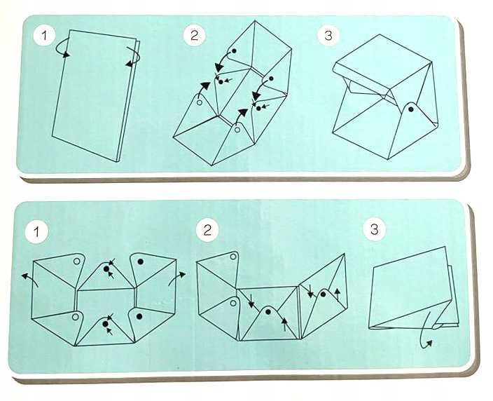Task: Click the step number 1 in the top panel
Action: (x=44, y=35)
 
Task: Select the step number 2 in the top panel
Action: (x=194, y=35)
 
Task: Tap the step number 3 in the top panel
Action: (x=328, y=35)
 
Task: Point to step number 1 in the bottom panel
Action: (x=37, y=231)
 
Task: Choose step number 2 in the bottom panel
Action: (x=207, y=231)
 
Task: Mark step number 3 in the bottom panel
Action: (x=374, y=229)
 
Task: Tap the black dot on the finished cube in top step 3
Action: (x=410, y=109)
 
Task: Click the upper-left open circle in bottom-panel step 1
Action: (x=76, y=261)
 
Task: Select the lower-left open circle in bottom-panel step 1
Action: (x=75, y=317)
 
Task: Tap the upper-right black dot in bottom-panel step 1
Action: (x=141, y=261)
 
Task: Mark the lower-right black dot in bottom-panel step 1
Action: (x=140, y=315)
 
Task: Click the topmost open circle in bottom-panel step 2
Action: (x=233, y=257)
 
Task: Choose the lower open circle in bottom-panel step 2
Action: (x=233, y=303)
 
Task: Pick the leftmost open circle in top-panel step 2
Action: (x=199, y=102)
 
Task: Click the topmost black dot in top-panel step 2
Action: (x=234, y=50)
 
